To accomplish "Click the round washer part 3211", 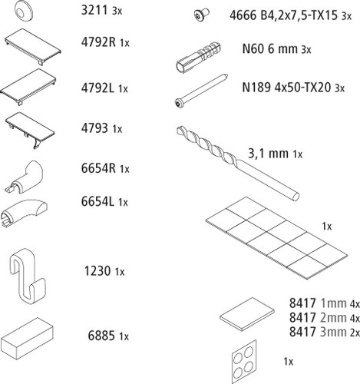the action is pyautogui.click(x=24, y=11).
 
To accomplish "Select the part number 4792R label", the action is pyautogui.click(x=98, y=42).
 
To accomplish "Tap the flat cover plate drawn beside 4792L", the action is pyautogui.click(x=28, y=86).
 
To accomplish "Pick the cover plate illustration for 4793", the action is pyautogui.click(x=30, y=130).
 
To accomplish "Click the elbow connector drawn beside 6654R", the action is pyautogui.click(x=25, y=177).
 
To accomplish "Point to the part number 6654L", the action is pyautogui.click(x=97, y=202).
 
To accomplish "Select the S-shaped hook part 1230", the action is pyautogui.click(x=28, y=276).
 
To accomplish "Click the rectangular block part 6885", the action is pyautogui.click(x=27, y=339).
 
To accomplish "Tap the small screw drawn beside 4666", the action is pyautogui.click(x=201, y=15).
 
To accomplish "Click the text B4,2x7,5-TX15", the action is pyautogui.click(x=299, y=15).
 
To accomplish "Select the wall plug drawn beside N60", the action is pyautogui.click(x=199, y=57).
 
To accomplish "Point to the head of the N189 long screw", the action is pyautogui.click(x=179, y=103).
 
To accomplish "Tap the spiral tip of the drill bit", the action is pyautogui.click(x=180, y=131).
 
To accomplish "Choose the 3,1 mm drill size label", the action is pyautogui.click(x=269, y=154).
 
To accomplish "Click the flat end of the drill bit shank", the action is pyautogui.click(x=296, y=197).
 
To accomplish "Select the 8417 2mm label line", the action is pyautogui.click(x=325, y=318).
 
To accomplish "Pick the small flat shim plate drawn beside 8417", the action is pyautogui.click(x=247, y=314).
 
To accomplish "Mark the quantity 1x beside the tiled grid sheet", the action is pyautogui.click(x=327, y=227).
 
